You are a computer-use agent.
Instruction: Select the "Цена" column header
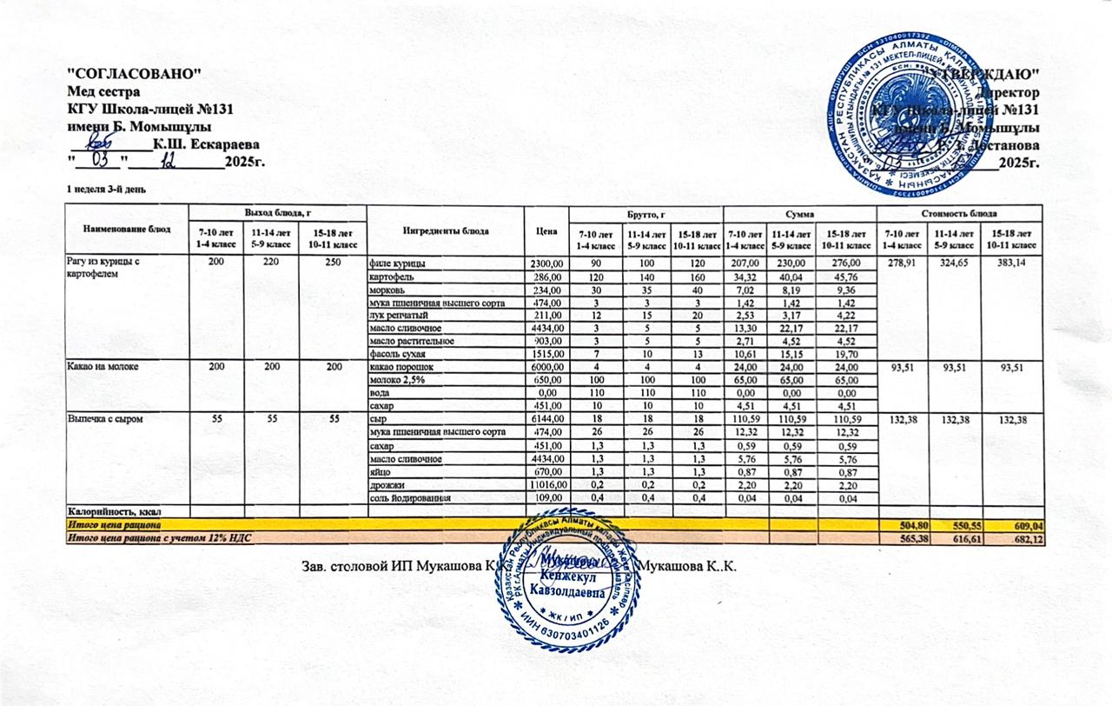click(546, 230)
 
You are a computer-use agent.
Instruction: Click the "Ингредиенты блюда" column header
click(446, 230)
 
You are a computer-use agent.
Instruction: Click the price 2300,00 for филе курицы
click(546, 263)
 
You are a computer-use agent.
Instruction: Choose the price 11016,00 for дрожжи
click(546, 484)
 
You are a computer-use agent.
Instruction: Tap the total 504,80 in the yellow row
click(902, 526)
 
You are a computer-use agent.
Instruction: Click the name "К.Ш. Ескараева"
click(205, 143)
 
